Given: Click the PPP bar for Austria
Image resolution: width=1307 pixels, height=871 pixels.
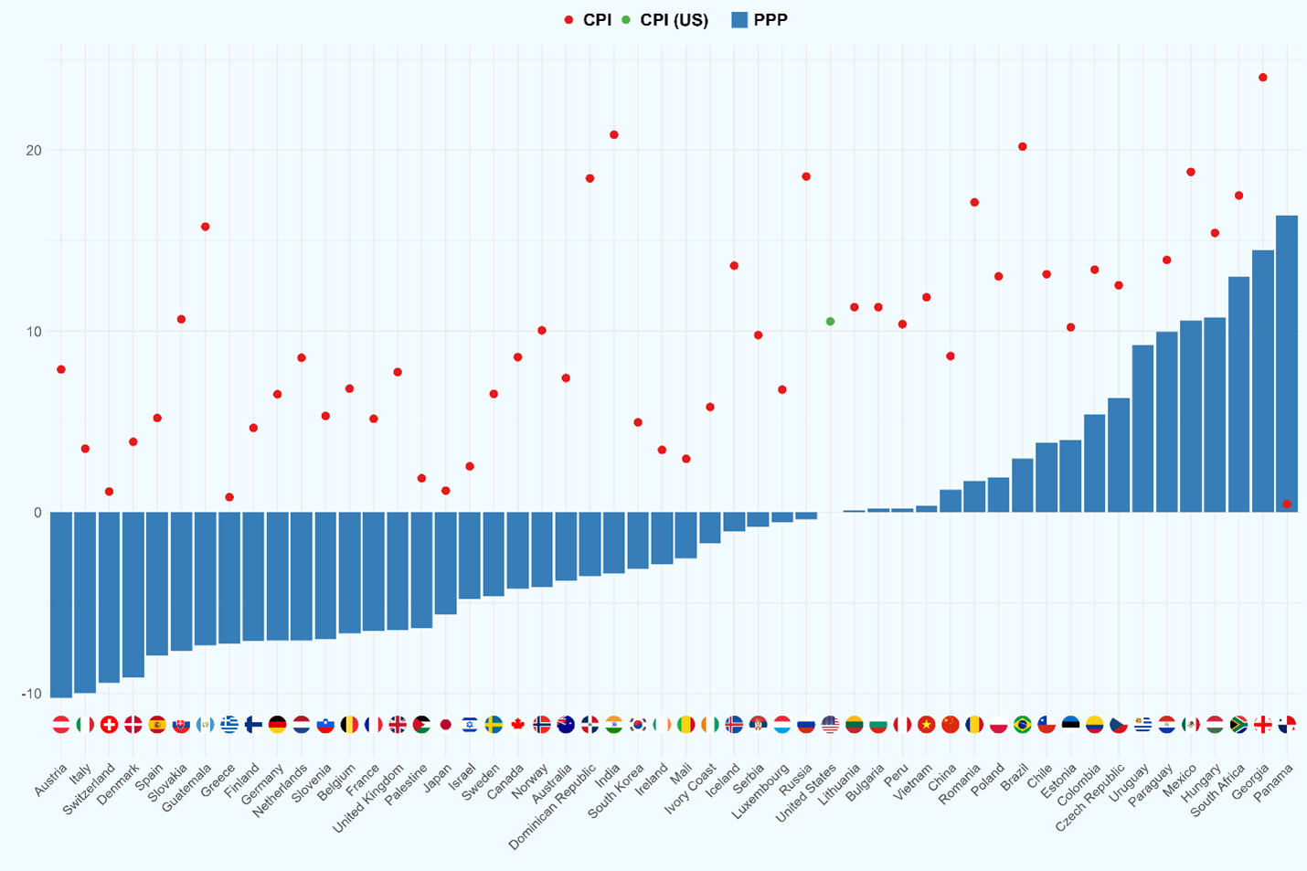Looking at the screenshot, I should (x=61, y=603).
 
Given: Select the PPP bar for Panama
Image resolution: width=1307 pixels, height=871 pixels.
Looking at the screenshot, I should (x=1287, y=366).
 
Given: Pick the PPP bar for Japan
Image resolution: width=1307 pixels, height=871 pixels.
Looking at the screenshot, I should (x=445, y=562).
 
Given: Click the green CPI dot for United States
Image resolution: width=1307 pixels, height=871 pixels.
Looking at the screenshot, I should (x=830, y=322).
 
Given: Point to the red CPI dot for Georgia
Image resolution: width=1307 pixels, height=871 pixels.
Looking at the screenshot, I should (x=1263, y=78).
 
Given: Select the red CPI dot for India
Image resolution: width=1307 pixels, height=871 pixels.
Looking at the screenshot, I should (x=614, y=135).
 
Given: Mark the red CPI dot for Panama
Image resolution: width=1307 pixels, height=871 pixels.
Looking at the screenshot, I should (x=1287, y=505).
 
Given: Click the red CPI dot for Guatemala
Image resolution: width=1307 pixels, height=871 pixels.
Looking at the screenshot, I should (x=206, y=227).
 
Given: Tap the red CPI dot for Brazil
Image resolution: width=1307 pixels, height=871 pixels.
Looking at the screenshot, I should (x=1023, y=147).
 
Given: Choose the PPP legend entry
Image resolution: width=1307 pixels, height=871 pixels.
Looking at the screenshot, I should (x=760, y=20).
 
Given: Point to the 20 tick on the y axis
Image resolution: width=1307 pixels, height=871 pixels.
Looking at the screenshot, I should (x=34, y=151).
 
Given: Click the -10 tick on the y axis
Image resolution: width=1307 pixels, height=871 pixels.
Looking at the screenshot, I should (x=31, y=694).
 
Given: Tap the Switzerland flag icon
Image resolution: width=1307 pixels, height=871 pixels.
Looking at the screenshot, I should (x=109, y=725).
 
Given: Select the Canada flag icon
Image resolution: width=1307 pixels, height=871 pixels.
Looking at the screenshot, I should (x=517, y=725).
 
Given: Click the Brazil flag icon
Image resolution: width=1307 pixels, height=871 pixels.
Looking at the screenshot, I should (x=1023, y=725).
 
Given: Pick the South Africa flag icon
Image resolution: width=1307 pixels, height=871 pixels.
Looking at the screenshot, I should (x=1239, y=725).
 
